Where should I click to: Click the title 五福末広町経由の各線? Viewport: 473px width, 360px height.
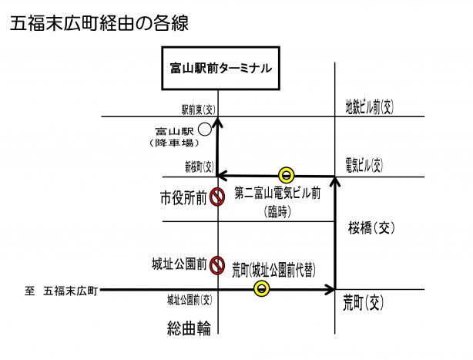[x=99, y=24]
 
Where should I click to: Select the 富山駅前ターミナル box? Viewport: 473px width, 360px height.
[x=219, y=68]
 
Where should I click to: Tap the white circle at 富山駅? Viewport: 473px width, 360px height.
[x=204, y=130]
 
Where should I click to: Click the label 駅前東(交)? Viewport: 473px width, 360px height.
[x=196, y=109]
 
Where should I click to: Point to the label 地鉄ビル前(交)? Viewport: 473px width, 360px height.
[x=369, y=106]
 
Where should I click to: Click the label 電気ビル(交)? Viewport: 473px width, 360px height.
[x=364, y=164]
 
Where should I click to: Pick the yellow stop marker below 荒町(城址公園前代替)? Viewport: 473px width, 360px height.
[x=262, y=289]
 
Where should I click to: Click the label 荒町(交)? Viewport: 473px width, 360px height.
[x=363, y=302]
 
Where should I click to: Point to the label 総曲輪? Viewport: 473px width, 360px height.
[x=189, y=328]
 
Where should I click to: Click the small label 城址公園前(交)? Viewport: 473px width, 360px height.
[x=189, y=299]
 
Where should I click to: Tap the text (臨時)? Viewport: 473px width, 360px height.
[x=277, y=211]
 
